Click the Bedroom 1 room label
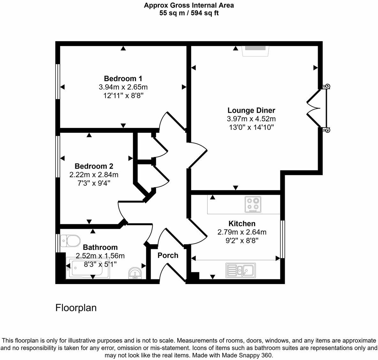123,79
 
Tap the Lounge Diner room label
251,110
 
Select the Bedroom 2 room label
94,166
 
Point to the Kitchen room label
242,224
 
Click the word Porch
168,255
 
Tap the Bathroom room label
100,247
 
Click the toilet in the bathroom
71,240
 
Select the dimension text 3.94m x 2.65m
123,87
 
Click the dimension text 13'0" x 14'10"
251,127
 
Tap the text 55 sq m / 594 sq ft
189,13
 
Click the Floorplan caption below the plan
76,308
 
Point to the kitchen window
282,239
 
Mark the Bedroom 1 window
58,81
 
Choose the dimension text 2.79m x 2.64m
242,232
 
